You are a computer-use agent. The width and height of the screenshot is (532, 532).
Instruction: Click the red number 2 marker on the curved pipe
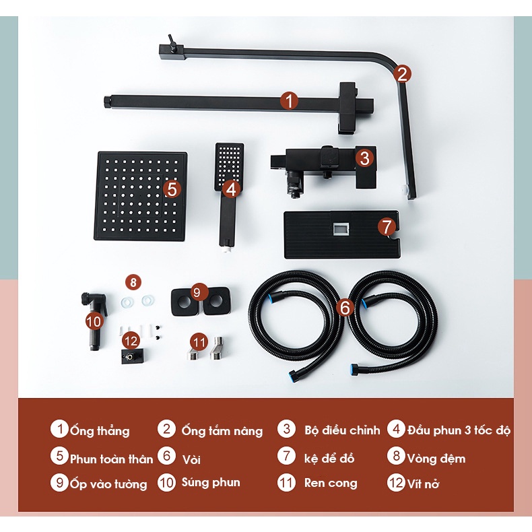(402, 73)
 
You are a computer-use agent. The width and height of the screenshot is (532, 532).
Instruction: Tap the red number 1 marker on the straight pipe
(289, 101)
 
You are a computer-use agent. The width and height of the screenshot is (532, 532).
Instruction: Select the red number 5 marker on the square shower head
(172, 189)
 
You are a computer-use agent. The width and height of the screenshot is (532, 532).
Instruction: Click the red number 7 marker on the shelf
(387, 226)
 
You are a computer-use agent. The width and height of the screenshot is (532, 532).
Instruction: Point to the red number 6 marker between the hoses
(345, 308)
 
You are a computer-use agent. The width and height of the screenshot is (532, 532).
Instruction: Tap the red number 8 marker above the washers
(133, 282)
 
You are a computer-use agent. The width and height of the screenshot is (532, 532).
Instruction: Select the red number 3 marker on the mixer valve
(364, 158)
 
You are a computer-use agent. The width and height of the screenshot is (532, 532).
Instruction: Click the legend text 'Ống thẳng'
(100, 430)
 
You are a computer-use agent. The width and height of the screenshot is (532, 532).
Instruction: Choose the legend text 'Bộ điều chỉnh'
(342, 430)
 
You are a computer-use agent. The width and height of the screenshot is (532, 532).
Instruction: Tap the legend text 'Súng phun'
(211, 482)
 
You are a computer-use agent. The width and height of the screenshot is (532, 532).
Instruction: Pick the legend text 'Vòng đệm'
(436, 459)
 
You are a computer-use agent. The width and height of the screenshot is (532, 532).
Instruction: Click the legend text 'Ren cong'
(331, 482)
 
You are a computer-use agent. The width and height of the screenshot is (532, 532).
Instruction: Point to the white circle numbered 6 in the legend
(166, 456)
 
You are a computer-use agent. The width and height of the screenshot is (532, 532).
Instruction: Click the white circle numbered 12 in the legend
(396, 482)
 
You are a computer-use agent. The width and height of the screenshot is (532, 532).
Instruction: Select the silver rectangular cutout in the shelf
(341, 229)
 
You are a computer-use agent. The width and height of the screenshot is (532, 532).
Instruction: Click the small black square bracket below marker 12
(131, 356)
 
